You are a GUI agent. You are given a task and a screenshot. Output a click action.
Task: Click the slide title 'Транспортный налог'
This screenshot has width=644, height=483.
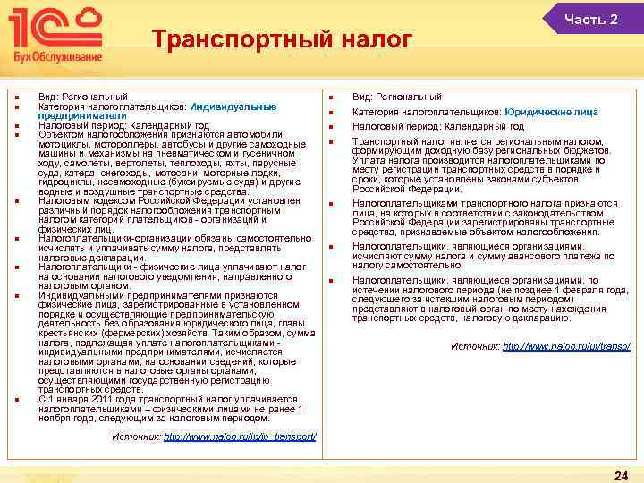[282, 40]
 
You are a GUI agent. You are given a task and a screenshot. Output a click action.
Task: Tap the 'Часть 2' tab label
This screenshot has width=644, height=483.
[591, 20]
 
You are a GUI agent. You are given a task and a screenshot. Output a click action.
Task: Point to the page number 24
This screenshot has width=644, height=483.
[620, 474]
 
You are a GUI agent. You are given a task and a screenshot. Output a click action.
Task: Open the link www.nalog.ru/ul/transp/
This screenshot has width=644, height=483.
[567, 345]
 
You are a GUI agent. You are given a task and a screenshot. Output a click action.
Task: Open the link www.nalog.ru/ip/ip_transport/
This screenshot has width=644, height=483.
[241, 436]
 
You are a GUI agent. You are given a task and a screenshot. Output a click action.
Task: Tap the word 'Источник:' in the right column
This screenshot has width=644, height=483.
[475, 345]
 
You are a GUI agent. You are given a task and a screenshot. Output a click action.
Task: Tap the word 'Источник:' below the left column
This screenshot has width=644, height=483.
[137, 436]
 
